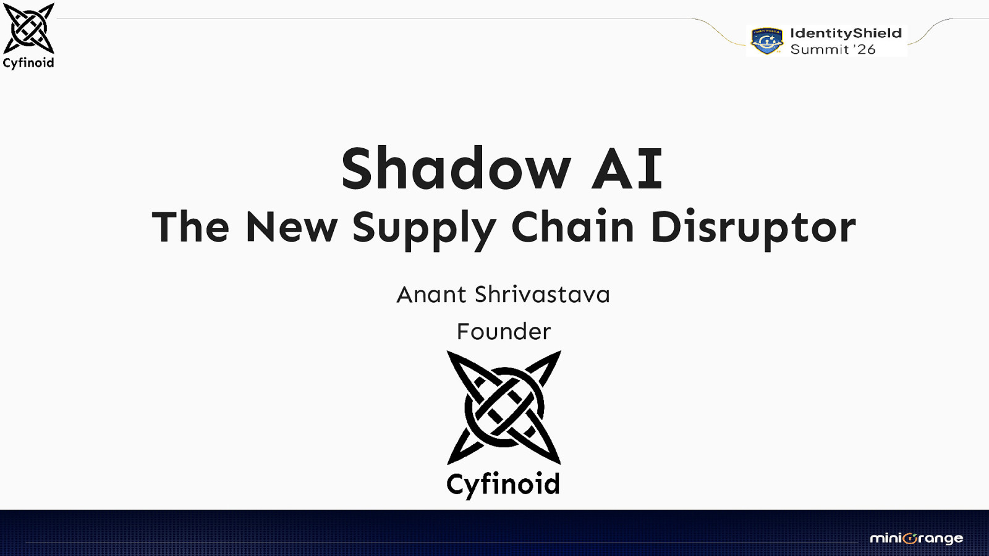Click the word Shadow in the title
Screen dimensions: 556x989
click(456, 169)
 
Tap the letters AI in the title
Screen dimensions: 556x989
click(627, 169)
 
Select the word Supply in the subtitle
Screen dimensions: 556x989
click(423, 228)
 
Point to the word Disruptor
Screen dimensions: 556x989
click(753, 228)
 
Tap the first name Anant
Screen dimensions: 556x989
click(431, 295)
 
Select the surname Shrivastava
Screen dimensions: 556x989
click(542, 295)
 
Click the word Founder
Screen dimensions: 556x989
click(504, 332)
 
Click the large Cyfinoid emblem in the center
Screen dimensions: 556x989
click(504, 407)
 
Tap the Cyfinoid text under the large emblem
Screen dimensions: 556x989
click(503, 484)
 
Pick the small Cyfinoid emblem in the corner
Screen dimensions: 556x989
click(28, 28)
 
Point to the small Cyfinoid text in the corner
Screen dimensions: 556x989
click(28, 62)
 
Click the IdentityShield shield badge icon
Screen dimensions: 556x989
click(766, 41)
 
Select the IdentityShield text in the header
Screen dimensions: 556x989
click(846, 33)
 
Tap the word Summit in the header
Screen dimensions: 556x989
click(820, 49)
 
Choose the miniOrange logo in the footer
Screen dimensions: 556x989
click(916, 538)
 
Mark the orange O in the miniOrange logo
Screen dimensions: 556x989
click(909, 539)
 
